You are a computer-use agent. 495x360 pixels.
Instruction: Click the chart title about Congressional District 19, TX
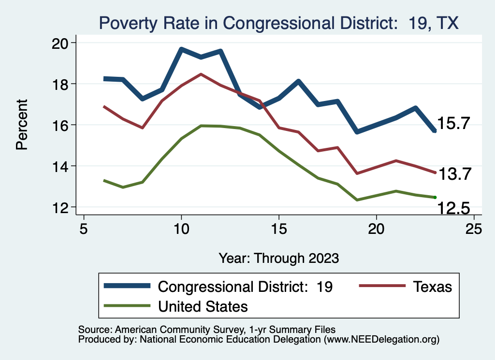pos(278,23)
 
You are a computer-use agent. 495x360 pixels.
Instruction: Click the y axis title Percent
pos(22,125)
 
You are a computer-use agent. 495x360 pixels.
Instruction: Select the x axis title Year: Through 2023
pos(278,258)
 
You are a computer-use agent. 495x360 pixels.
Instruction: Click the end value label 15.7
pos(454,124)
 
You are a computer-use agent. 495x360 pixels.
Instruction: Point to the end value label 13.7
pos(454,174)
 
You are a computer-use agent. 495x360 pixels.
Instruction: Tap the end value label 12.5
pos(454,208)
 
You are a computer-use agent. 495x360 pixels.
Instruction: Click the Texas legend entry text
pos(432,287)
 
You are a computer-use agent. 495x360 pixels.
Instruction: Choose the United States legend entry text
pos(203,306)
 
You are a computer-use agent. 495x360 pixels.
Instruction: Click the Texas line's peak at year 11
pos(201,74)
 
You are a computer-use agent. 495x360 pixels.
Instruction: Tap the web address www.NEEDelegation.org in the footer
pos(381,340)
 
